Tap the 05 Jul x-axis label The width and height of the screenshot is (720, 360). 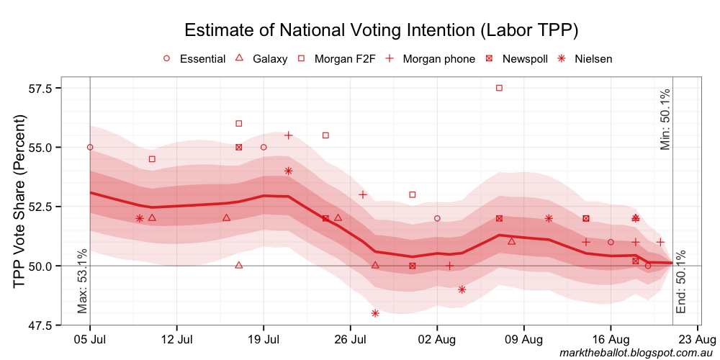90,338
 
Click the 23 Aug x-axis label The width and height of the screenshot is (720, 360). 697,338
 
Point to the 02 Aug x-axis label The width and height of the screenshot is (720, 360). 437,338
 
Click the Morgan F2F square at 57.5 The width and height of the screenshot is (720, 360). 499,88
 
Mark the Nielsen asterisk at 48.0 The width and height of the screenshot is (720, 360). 375,313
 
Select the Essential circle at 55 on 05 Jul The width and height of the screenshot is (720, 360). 90,147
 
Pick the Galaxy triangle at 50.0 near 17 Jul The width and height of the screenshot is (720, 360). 239,265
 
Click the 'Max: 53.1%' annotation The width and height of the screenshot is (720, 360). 82,282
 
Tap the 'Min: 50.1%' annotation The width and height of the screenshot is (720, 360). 665,120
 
